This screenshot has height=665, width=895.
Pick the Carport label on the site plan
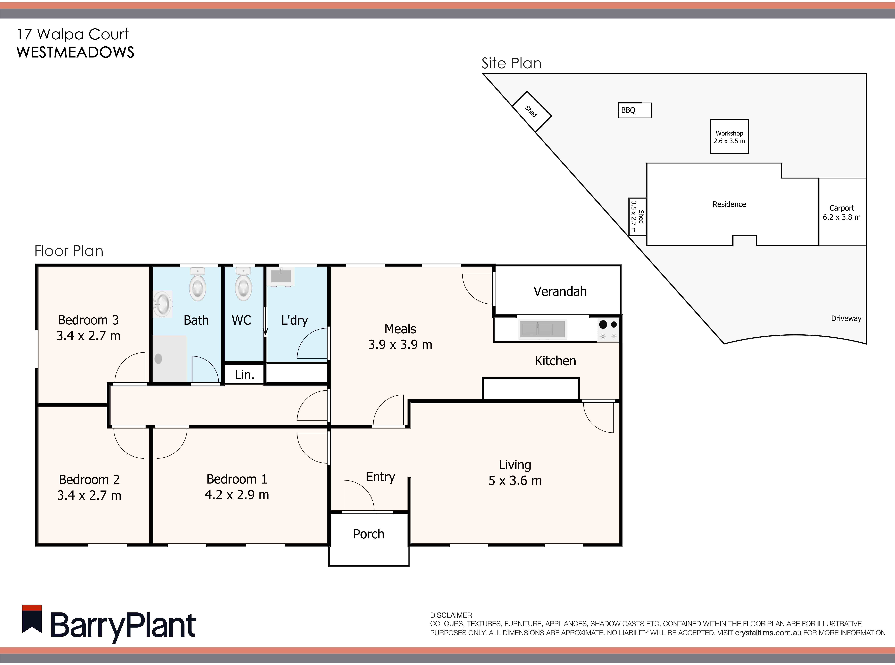pyautogui.click(x=841, y=208)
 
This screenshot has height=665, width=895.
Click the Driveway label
pyautogui.click(x=846, y=318)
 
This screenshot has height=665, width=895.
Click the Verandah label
pyautogui.click(x=560, y=291)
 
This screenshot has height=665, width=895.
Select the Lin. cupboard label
pyautogui.click(x=244, y=375)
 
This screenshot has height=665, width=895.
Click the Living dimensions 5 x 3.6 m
pyautogui.click(x=515, y=481)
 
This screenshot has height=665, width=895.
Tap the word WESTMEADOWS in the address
pyautogui.click(x=75, y=52)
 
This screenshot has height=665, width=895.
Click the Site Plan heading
pyautogui.click(x=511, y=63)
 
